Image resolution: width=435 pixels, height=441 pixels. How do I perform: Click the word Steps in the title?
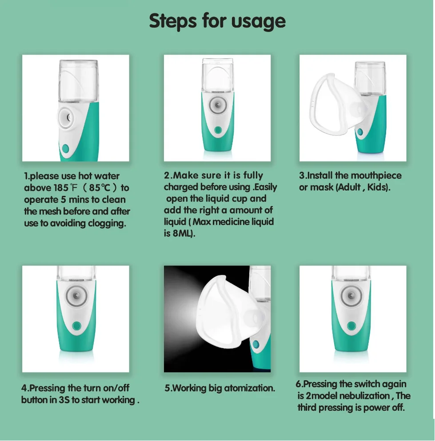tap(173, 21)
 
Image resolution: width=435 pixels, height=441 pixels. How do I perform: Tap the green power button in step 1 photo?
tap(65, 148)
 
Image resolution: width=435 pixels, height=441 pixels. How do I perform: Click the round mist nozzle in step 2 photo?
tap(218, 105)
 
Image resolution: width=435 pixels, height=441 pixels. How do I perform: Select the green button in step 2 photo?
tap(218, 130)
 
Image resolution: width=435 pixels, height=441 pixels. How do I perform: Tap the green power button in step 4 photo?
tap(76, 326)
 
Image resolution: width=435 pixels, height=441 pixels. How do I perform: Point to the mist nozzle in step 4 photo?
tap(76, 296)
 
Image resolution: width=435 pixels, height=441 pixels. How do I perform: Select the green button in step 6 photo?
tap(351, 326)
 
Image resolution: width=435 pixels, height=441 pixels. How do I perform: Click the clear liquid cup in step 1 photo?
tap(79, 82)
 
